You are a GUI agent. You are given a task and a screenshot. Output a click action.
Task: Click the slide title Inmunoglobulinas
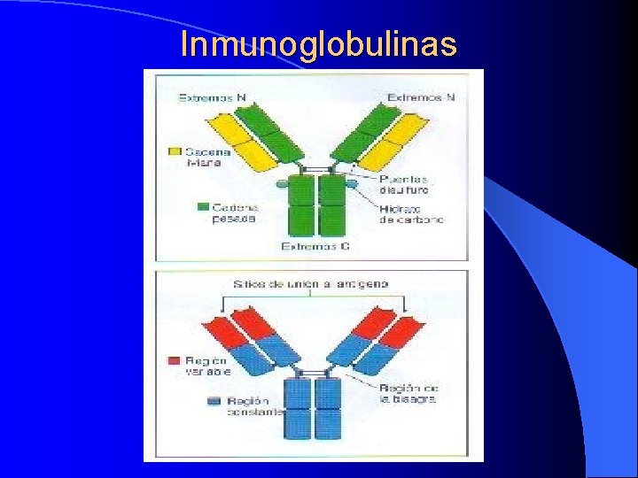tap(318, 43)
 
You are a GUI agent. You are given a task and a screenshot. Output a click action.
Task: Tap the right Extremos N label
tap(422, 97)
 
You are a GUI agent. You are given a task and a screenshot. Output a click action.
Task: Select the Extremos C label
tap(315, 246)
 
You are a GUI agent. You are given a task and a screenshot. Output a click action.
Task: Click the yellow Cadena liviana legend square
tap(175, 152)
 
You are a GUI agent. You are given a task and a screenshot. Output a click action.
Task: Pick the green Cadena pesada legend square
tap(204, 207)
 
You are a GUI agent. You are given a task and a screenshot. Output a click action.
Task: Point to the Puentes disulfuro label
tap(404, 184)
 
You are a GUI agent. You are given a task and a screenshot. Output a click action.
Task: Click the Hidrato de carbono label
tap(411, 214)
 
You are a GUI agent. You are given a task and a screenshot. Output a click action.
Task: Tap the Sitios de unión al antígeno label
tap(310, 283)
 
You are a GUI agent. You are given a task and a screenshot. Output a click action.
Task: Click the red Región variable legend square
tap(175, 361)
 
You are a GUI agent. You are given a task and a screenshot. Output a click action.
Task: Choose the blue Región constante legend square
tap(214, 401)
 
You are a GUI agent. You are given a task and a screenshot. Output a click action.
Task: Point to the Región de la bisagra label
tap(408, 393)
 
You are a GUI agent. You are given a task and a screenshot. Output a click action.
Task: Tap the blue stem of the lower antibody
tap(315, 407)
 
